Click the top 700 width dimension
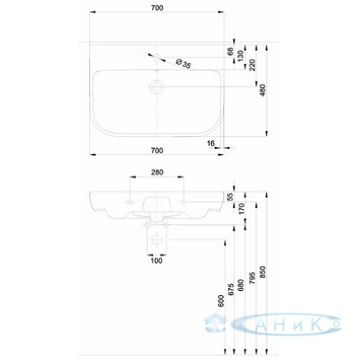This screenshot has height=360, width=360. (x=157, y=8)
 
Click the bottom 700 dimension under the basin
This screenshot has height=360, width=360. (x=157, y=150)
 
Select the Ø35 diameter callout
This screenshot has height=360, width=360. (x=183, y=63)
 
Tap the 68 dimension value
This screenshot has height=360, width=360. (x=230, y=51)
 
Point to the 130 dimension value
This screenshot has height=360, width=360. (x=240, y=55)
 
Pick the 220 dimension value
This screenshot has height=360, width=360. (x=253, y=65)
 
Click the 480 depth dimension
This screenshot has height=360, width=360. (x=263, y=90)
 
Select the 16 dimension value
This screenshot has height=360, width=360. (x=211, y=143)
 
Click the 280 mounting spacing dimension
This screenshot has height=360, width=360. (x=157, y=172)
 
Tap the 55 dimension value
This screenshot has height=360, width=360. (x=230, y=197)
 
